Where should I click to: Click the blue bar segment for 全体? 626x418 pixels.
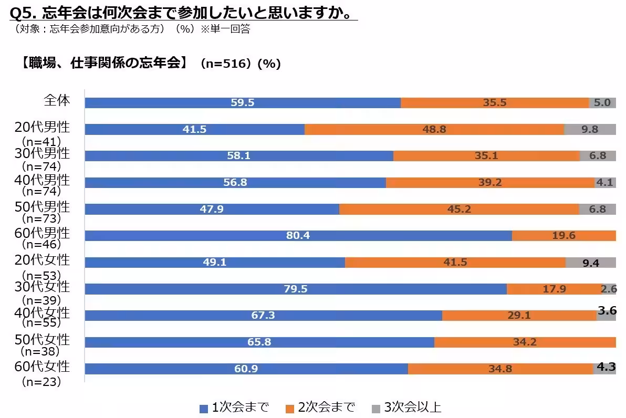(x=242, y=103)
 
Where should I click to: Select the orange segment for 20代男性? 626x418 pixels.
(x=434, y=129)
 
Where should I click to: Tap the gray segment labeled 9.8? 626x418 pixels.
(x=589, y=129)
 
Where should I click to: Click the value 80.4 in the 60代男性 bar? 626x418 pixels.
(x=298, y=236)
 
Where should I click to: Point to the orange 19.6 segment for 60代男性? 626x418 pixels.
(x=564, y=236)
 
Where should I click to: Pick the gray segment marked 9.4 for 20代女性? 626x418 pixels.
(x=590, y=263)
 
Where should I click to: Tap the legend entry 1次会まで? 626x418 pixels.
(x=234, y=407)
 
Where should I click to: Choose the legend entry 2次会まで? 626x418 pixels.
(x=320, y=407)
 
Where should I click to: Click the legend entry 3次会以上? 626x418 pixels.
(x=406, y=407)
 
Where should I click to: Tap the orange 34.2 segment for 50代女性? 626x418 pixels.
(x=525, y=342)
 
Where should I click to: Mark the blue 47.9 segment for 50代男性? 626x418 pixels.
(x=212, y=209)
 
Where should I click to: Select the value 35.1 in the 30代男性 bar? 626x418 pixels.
(x=486, y=156)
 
